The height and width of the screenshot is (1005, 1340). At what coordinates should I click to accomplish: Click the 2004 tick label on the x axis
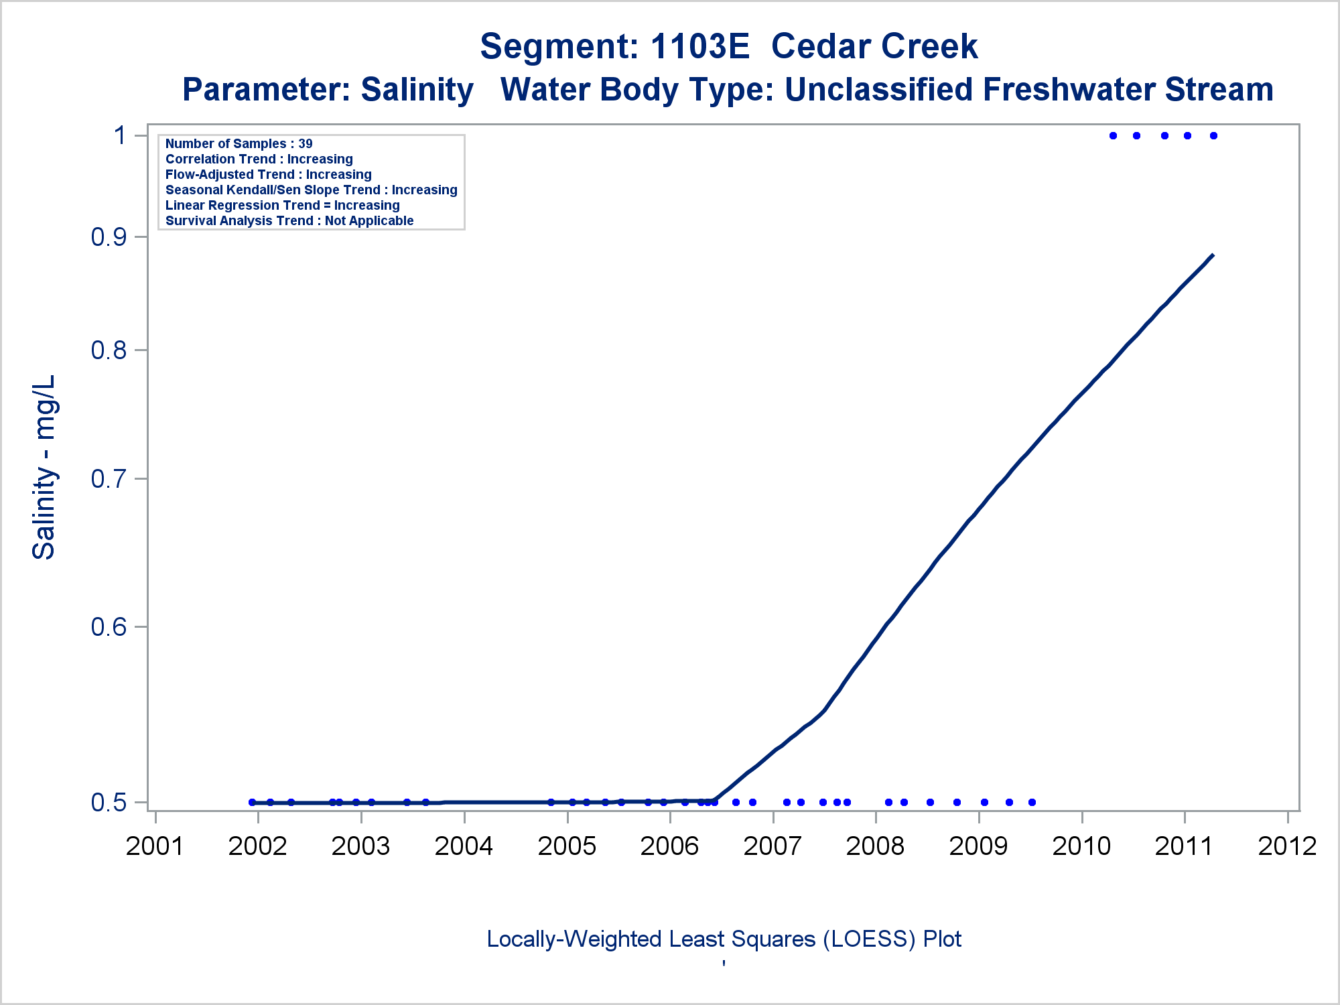pyautogui.click(x=464, y=846)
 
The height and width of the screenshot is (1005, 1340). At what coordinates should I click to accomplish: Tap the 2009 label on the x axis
pyautogui.click(x=978, y=846)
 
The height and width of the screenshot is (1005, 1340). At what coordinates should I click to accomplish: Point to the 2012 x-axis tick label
pyautogui.click(x=1287, y=846)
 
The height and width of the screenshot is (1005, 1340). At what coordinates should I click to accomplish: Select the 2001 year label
pyautogui.click(x=155, y=846)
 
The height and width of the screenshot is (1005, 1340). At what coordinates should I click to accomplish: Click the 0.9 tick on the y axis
pyautogui.click(x=109, y=237)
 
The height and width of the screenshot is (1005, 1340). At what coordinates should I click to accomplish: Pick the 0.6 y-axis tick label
pyautogui.click(x=109, y=626)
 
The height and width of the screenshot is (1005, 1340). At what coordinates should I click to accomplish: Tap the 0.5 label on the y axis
pyautogui.click(x=109, y=802)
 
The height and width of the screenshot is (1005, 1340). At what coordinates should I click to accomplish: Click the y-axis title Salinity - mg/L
pyautogui.click(x=44, y=467)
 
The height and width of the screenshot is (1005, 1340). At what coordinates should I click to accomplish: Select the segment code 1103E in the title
pyautogui.click(x=699, y=46)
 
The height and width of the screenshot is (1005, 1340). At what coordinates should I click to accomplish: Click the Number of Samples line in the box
pyautogui.click(x=239, y=143)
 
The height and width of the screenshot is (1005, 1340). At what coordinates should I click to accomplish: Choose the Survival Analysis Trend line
pyautogui.click(x=289, y=220)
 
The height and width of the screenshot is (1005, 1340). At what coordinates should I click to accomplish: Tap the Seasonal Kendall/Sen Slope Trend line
pyautogui.click(x=311, y=190)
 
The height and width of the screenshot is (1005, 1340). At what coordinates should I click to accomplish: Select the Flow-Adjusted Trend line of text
pyautogui.click(x=268, y=174)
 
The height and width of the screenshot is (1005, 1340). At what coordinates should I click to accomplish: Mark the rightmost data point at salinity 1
pyautogui.click(x=1213, y=135)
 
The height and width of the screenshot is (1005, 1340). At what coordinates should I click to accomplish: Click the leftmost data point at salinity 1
pyautogui.click(x=1113, y=135)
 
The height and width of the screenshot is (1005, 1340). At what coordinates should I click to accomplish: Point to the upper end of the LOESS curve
pyautogui.click(x=1213, y=255)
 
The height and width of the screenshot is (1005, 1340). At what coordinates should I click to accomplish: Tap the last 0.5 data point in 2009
pyautogui.click(x=1032, y=802)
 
